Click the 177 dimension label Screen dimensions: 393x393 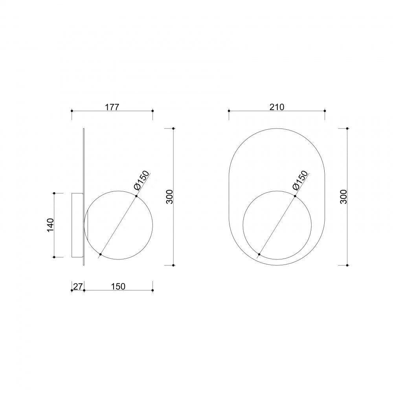[x=112, y=107]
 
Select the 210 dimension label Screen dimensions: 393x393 [x=277, y=107]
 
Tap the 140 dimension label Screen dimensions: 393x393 [x=50, y=225]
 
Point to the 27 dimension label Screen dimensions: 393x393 [x=77, y=286]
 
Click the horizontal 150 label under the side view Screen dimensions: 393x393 [x=118, y=286]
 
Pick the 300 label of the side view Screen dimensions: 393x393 [x=170, y=197]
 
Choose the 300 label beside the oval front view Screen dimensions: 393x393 [x=343, y=197]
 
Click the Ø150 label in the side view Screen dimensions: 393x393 [x=141, y=180]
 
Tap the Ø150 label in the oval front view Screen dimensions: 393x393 [x=300, y=180]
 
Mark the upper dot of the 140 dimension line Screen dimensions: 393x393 [x=54, y=193]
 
